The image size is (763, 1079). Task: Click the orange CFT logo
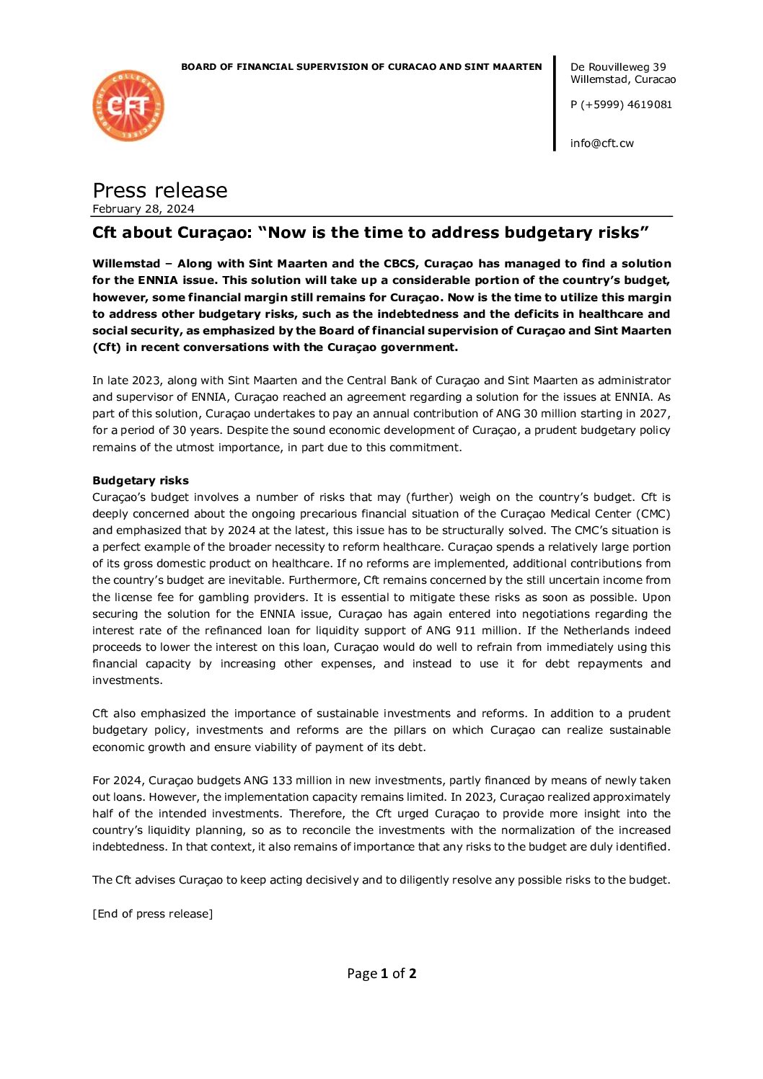pyautogui.click(x=128, y=106)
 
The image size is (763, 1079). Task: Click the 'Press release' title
pyautogui.click(x=159, y=190)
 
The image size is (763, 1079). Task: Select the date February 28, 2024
pyautogui.click(x=144, y=209)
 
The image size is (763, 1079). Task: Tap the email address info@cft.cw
pyautogui.click(x=601, y=143)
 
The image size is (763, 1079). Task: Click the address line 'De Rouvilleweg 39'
pyautogui.click(x=618, y=67)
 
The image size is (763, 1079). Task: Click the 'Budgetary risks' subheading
pyautogui.click(x=141, y=481)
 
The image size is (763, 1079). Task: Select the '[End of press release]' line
pyautogui.click(x=152, y=914)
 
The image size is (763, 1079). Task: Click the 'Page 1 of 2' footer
pyautogui.click(x=381, y=974)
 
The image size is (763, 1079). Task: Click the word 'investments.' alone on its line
pyautogui.click(x=127, y=680)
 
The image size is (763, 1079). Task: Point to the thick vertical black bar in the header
pyautogui.click(x=555, y=103)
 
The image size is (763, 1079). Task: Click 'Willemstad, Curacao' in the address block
pyautogui.click(x=623, y=79)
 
